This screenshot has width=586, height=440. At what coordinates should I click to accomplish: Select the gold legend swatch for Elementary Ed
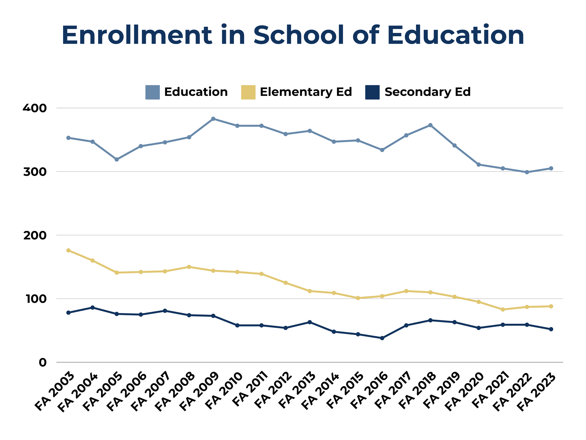[248, 92]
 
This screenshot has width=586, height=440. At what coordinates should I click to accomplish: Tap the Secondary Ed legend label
[427, 92]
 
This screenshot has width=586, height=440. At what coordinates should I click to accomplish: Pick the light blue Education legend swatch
[152, 92]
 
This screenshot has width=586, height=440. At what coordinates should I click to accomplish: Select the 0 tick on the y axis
[42, 363]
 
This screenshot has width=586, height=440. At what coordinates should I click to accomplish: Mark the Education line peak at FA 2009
[213, 119]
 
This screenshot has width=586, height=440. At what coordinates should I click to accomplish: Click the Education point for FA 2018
[430, 125]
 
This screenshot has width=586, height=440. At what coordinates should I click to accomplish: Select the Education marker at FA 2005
[117, 160]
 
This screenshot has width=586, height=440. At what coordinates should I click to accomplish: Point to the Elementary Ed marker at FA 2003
[68, 251]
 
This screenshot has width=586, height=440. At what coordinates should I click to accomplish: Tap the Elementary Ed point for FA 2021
[503, 309]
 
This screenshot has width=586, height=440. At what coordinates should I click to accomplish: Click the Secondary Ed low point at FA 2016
[382, 338]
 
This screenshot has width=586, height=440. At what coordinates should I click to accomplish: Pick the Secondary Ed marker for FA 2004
[93, 308]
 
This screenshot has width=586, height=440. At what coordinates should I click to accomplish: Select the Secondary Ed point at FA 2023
[551, 329]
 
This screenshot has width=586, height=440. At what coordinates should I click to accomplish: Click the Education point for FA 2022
[527, 172]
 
